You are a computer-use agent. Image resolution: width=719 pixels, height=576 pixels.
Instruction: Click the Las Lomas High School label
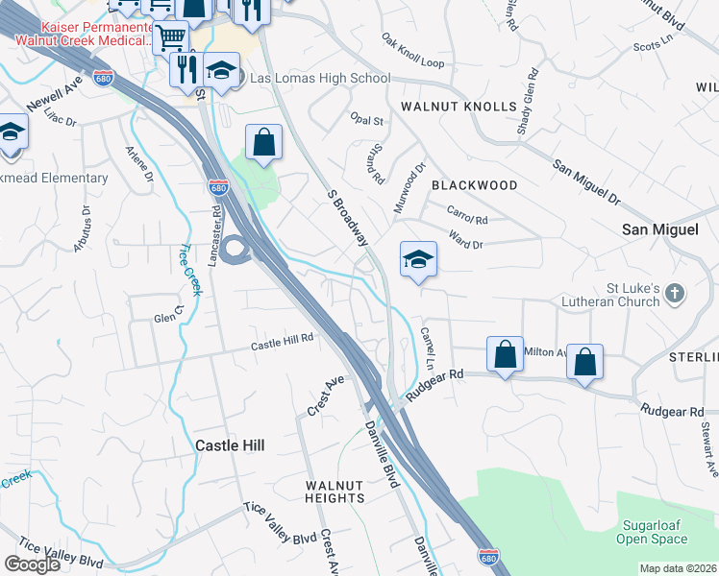pos(319,79)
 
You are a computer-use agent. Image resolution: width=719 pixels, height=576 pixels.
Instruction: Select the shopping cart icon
pos(170,37)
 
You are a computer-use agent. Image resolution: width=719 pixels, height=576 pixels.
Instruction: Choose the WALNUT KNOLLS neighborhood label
pos(459,107)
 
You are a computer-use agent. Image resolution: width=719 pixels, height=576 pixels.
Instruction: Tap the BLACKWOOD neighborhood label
pos(474,184)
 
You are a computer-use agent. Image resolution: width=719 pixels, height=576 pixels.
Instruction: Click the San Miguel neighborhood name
pos(657,229)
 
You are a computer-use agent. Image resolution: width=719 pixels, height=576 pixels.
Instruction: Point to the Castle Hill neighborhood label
pos(229,445)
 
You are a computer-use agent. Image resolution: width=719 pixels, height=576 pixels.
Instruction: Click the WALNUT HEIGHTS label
pos(335,492)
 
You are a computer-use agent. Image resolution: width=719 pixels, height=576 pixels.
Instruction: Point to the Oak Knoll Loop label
pos(413,51)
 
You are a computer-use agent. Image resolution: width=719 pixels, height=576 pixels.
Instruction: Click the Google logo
pos(32,564)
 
